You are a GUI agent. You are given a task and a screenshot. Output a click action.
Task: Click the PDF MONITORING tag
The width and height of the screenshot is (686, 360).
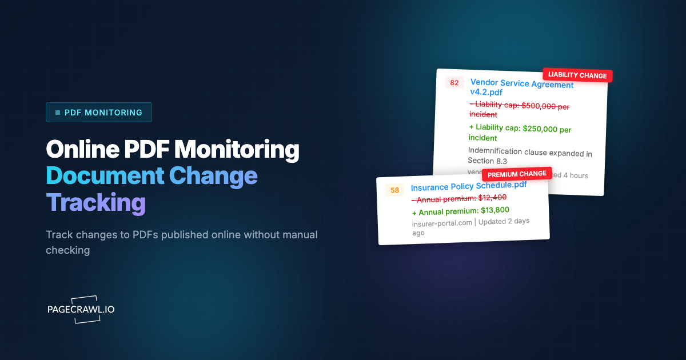(98, 113)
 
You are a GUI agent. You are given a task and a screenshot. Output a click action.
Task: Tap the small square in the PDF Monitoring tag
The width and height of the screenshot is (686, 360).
(58, 113)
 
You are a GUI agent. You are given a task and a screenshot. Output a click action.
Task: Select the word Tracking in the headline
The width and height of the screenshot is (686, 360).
(95, 202)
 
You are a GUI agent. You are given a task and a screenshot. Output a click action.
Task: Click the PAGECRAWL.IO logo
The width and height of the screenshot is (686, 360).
(81, 310)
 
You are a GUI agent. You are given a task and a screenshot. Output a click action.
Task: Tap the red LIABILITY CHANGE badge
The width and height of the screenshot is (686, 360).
(577, 75)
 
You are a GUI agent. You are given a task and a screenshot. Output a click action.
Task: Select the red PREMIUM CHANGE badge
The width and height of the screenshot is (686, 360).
(518, 174)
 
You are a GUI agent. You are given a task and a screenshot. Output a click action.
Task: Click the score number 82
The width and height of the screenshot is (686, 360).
(454, 82)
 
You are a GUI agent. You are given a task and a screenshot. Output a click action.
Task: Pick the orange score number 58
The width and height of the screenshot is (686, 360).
(394, 190)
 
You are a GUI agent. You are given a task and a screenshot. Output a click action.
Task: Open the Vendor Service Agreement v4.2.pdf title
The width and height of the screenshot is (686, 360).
(521, 88)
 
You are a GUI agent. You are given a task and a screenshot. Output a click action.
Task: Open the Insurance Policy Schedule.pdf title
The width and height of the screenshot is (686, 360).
(468, 186)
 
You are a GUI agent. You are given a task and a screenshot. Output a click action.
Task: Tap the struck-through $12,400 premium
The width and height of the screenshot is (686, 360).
(491, 198)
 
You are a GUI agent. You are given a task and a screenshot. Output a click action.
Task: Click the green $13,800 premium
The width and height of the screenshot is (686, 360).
(494, 210)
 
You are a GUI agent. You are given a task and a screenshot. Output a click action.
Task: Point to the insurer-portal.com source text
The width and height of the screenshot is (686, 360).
(442, 223)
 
